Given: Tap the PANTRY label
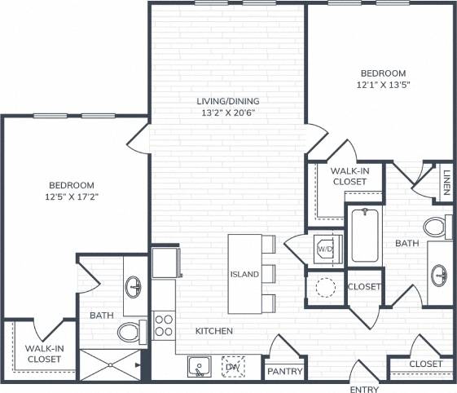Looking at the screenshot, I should (285, 372).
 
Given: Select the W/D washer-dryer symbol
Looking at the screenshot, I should (324, 248).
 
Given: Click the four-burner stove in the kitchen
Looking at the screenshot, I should (164, 326).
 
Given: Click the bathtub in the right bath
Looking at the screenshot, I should (365, 236).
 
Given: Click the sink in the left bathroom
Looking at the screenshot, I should (134, 286).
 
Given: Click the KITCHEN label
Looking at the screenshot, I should (214, 332).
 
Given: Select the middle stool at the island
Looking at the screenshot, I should (269, 273).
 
